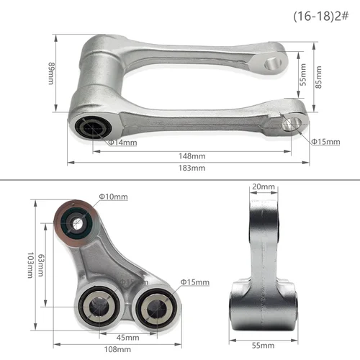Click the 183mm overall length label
[x=191, y=168]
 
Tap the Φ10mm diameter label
[x=114, y=196]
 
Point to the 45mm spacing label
[x=128, y=337]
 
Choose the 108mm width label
[x=115, y=350]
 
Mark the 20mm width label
[x=263, y=187]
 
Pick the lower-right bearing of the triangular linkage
[x=153, y=305]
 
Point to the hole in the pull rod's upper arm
[x=271, y=63]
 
